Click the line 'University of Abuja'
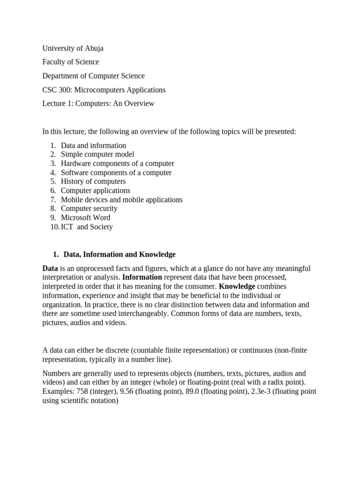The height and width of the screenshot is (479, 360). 73,48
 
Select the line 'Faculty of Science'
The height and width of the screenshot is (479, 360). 71,62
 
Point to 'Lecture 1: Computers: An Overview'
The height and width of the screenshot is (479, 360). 98,103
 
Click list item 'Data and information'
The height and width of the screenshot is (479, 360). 93,145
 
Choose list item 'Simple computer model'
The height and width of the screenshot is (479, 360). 97,154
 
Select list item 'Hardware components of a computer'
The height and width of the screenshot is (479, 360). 117,163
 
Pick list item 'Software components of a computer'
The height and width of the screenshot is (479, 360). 116,173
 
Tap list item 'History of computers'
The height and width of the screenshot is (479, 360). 93,181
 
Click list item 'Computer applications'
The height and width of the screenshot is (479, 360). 96,190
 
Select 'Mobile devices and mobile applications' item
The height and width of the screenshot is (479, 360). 121,200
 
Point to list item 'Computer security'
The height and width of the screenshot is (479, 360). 89,209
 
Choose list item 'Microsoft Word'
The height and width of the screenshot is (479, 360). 86,218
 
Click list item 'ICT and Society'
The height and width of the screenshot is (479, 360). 87,227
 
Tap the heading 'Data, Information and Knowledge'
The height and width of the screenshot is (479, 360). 120,254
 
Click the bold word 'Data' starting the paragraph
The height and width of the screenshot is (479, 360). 50,269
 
